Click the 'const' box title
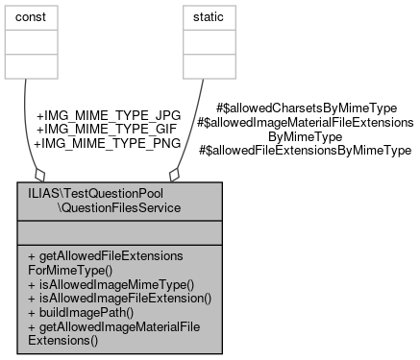tap(37, 16)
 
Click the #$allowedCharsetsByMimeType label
tap(307, 109)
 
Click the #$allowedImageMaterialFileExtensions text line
tap(305, 123)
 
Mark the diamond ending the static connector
tap(174, 175)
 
